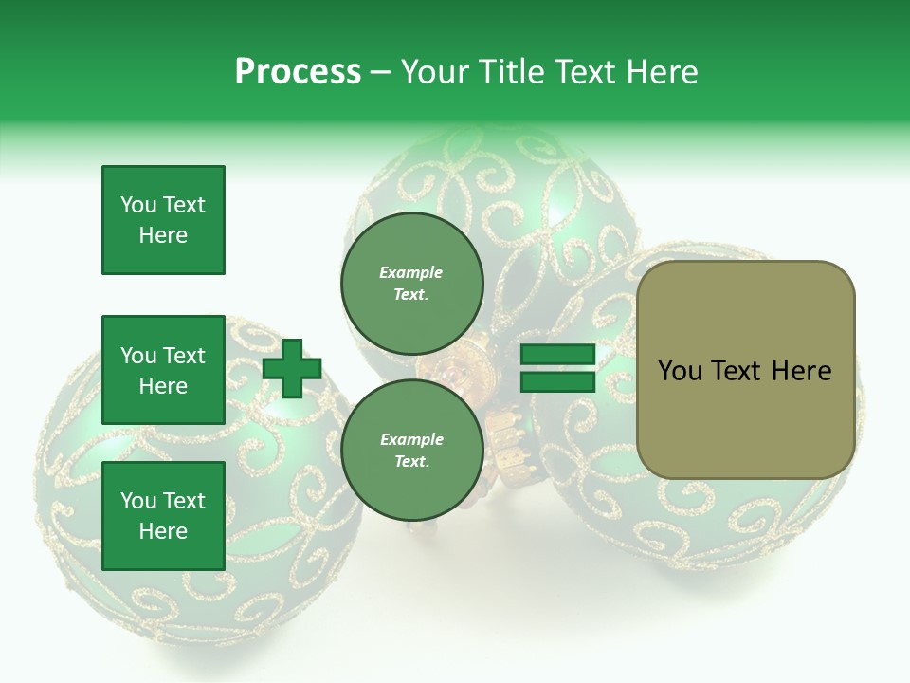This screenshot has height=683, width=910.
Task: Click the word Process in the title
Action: [x=298, y=72]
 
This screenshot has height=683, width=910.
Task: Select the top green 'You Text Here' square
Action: [x=163, y=220]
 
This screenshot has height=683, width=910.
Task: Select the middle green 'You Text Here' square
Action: [x=163, y=370]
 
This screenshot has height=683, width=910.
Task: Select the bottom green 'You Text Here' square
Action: [x=163, y=515]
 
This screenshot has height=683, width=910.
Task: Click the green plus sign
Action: [x=292, y=369]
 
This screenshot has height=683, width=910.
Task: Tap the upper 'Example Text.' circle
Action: [x=411, y=283]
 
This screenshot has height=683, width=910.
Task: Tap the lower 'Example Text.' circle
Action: [x=411, y=450]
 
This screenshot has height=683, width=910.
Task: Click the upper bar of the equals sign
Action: [x=558, y=355]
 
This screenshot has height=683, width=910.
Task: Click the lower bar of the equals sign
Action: [x=558, y=382]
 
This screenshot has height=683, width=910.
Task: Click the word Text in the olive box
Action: [x=736, y=371]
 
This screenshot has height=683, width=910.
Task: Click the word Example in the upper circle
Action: [x=411, y=272]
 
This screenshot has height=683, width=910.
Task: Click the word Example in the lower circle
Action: [x=411, y=439]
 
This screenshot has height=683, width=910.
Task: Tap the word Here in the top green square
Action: [x=163, y=235]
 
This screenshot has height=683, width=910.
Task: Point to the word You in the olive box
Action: [x=680, y=371]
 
